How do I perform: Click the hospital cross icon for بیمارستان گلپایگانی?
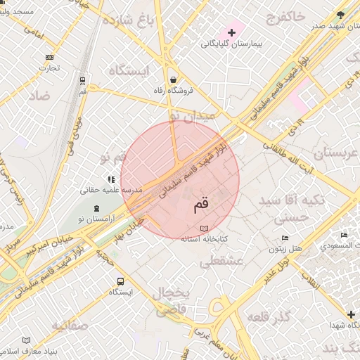pos(231,32)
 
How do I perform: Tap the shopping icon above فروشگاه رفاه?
pos(173,79)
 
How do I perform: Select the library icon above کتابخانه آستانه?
pos(204,229)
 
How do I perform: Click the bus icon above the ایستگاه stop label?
pos(120,281)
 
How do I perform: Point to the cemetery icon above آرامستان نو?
pos(96,208)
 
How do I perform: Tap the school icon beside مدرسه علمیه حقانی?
pos(110,179)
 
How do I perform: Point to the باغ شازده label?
pos(130,20)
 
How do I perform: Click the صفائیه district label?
pos(69,325)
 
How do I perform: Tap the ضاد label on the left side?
pos(39,95)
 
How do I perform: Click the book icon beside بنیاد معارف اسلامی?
pos(27,340)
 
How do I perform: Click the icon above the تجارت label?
pos(49,57)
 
